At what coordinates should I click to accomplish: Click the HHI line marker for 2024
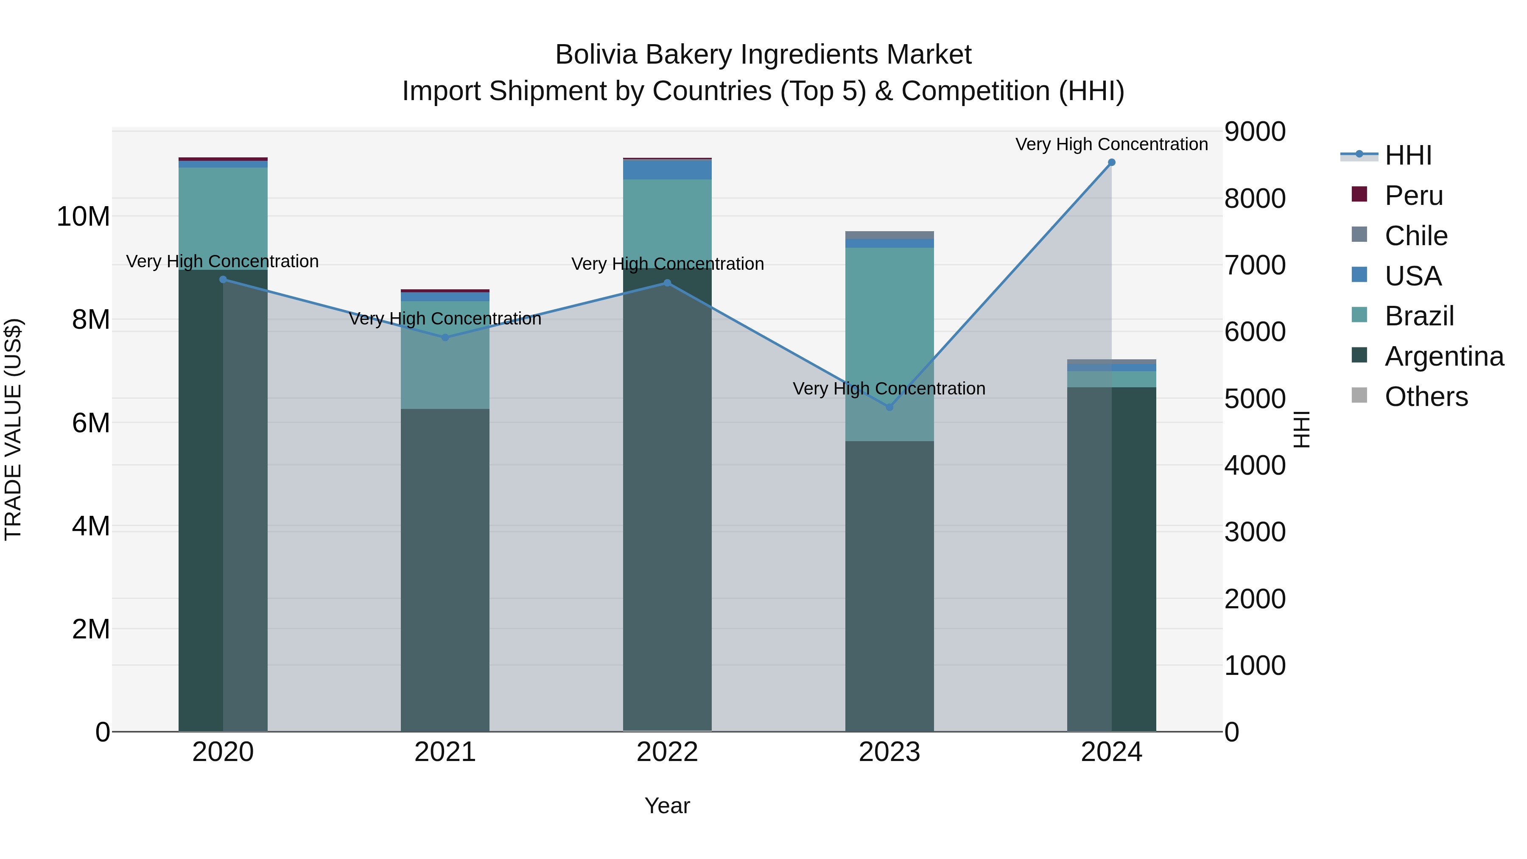[1111, 162]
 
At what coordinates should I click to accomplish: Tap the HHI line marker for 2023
[889, 407]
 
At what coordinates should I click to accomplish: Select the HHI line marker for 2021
[445, 337]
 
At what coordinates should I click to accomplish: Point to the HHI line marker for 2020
[223, 279]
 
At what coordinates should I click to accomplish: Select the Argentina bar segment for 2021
[445, 569]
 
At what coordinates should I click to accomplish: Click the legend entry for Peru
[1414, 196]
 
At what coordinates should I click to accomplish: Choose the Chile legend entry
[1415, 236]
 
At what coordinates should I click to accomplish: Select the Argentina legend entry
[1444, 356]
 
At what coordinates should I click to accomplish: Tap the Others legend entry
[1426, 397]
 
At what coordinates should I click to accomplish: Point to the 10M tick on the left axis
[83, 216]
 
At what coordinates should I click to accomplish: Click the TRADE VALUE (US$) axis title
[13, 429]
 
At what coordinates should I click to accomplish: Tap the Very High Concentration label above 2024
[1111, 144]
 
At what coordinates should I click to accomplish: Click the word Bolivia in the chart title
[596, 55]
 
